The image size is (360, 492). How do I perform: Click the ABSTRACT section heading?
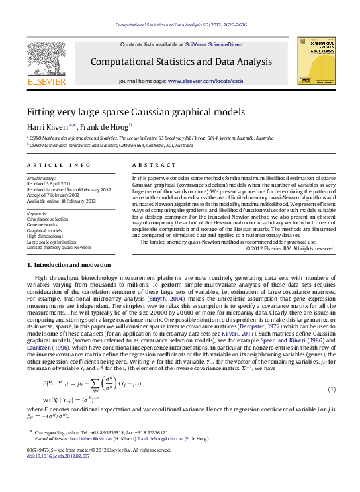[x=153, y=164]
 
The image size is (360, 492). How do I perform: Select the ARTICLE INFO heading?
[x=59, y=164]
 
